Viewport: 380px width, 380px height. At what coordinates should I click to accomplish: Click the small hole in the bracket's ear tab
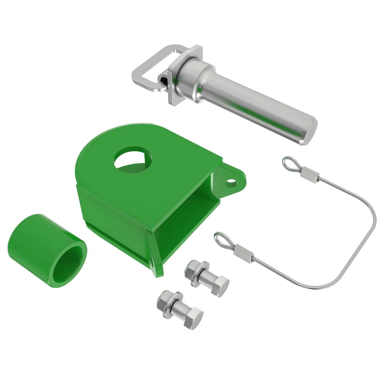click(x=232, y=183)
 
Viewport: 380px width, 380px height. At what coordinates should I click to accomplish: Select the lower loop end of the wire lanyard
click(x=222, y=239)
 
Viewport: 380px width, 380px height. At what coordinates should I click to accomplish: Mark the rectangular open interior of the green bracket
click(x=190, y=215)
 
